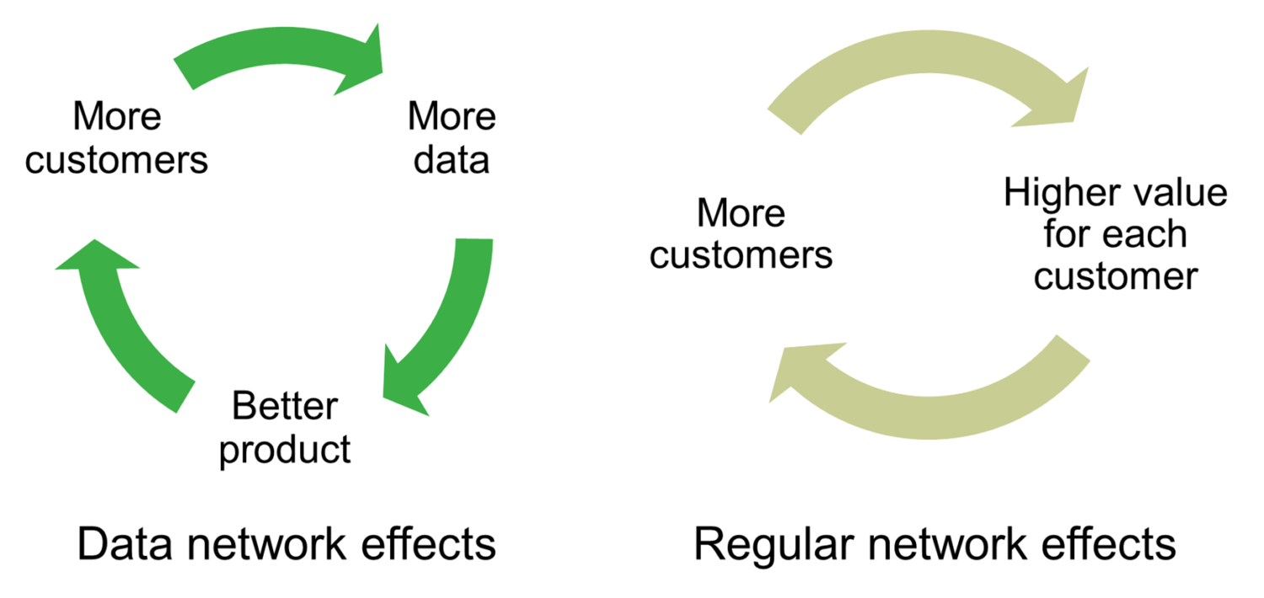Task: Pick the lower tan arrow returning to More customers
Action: point(931,418)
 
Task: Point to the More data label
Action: point(452,138)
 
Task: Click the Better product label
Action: point(285,429)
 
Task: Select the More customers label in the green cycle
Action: point(117,138)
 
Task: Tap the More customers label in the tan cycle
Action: point(741,234)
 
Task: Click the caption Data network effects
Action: point(287,544)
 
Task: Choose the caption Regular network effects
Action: point(935,545)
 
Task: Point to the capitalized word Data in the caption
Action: point(125,544)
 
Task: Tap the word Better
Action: point(285,406)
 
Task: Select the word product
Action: point(285,451)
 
